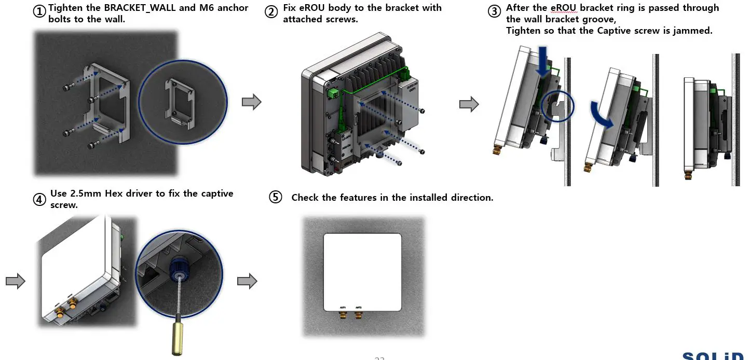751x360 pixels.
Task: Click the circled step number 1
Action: [x=39, y=11]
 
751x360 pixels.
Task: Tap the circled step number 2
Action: [x=271, y=11]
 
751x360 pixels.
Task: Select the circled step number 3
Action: [x=495, y=11]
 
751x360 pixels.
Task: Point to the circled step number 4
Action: [x=39, y=199]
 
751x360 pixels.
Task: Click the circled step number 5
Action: [x=275, y=197]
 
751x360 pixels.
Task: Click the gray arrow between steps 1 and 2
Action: [x=251, y=102]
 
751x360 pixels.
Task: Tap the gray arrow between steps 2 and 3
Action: [x=469, y=104]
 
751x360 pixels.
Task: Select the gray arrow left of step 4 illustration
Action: [x=15, y=282]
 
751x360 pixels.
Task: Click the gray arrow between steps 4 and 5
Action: [x=247, y=282]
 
